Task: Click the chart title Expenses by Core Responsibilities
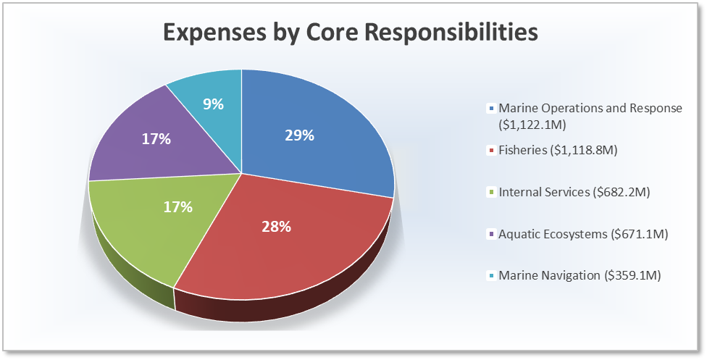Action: (x=350, y=33)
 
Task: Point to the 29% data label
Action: (x=299, y=135)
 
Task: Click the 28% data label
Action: (x=276, y=227)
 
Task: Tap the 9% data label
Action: (x=213, y=104)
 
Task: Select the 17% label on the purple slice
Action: (x=156, y=138)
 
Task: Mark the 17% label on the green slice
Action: (x=177, y=207)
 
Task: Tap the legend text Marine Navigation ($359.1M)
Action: (x=580, y=275)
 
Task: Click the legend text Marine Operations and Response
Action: (x=590, y=108)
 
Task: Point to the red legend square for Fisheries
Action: (x=493, y=151)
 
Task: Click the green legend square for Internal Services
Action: (x=493, y=193)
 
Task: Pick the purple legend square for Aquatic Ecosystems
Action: (x=493, y=234)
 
